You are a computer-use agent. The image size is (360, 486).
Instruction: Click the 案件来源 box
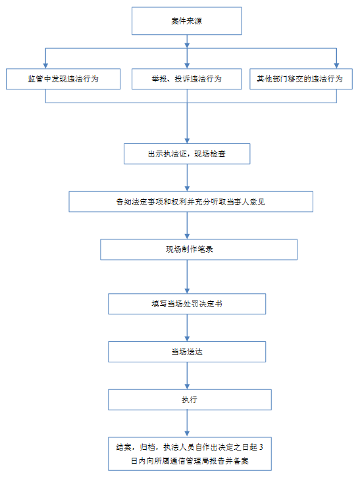187,21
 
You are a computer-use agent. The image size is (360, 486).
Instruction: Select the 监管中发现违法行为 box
63,79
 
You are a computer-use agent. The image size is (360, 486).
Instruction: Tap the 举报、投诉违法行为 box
187,79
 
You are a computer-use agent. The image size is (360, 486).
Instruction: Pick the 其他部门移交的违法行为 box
301,79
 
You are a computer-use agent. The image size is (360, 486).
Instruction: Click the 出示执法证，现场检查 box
187,154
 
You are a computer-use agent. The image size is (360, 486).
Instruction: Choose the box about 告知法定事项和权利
191,202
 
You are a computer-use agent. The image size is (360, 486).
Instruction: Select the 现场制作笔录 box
199,249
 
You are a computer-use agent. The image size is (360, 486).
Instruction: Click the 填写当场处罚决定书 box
187,304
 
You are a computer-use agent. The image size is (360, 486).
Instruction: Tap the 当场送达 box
187,352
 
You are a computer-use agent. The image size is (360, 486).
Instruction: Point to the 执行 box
190,400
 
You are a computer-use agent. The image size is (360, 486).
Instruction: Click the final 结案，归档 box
190,454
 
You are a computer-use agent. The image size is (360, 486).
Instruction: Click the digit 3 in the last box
261,447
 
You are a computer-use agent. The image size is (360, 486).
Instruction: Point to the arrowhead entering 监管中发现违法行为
45,66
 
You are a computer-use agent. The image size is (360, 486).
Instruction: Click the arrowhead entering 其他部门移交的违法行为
336,66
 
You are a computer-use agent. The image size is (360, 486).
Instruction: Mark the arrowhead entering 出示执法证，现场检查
187,141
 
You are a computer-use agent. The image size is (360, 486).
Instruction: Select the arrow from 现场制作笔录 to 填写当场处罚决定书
187,277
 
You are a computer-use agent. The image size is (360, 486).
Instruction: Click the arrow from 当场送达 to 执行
187,376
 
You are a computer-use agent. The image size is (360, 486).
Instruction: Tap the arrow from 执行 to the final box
187,424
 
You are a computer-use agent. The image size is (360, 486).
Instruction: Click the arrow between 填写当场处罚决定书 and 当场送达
187,328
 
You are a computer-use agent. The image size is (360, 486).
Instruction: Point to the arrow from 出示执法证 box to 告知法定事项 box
187,178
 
